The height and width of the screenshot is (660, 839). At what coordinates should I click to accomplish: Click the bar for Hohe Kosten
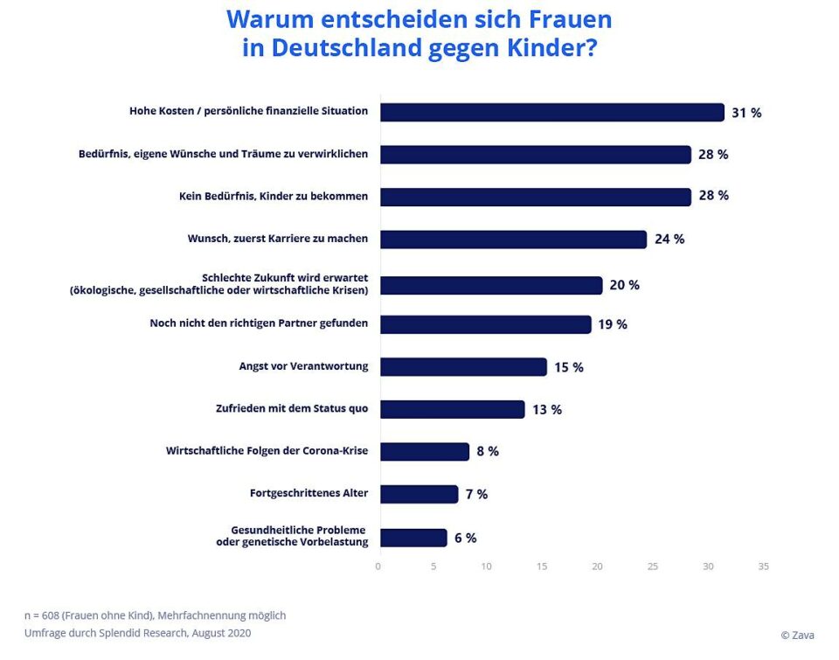click(551, 112)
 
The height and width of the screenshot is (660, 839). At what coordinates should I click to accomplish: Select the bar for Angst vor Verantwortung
click(463, 367)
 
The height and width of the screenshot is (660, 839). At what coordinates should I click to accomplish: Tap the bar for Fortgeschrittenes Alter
click(419, 494)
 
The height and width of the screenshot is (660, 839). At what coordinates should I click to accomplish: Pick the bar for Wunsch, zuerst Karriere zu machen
click(513, 239)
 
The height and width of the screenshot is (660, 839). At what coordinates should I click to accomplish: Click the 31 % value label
click(746, 113)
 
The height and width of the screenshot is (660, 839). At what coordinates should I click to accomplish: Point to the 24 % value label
click(669, 239)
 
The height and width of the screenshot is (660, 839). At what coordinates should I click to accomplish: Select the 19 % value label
click(613, 324)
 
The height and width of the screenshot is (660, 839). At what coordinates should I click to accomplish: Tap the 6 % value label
click(465, 538)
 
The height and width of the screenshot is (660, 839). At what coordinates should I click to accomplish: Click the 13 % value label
click(547, 409)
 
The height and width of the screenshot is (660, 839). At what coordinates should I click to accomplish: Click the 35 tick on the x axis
click(763, 566)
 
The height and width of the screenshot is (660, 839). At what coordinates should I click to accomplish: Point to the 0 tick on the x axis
click(378, 566)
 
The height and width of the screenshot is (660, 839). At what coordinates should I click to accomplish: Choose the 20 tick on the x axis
click(598, 566)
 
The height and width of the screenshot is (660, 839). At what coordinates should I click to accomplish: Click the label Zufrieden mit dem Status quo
click(292, 407)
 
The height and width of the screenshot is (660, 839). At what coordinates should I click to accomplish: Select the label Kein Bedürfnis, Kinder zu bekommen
click(274, 196)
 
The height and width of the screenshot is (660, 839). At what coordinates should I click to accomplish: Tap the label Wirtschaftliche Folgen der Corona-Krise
click(267, 451)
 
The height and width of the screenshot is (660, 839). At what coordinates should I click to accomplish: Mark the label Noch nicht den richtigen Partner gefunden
click(259, 323)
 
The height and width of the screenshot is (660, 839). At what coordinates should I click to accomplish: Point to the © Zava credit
click(797, 636)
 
